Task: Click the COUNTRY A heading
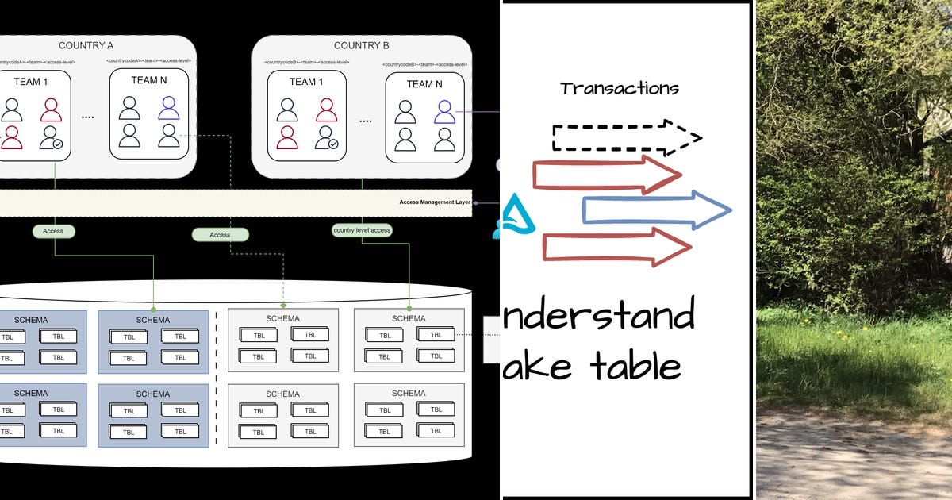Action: [x=86, y=45]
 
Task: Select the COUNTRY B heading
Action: [x=361, y=45]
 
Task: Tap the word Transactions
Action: [x=619, y=88]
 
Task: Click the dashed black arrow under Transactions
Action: [x=627, y=137]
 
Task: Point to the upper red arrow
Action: [x=607, y=175]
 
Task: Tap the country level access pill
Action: [x=362, y=230]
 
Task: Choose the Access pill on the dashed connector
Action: [x=220, y=235]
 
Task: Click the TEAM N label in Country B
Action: [x=425, y=84]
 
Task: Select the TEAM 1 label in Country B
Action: [x=306, y=82]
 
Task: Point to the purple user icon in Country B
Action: [x=444, y=112]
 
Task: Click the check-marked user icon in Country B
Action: [x=326, y=138]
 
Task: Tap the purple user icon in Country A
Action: [x=168, y=108]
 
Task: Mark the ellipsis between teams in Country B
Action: [x=365, y=121]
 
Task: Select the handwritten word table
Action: [x=635, y=366]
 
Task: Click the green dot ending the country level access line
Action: [x=409, y=308]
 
